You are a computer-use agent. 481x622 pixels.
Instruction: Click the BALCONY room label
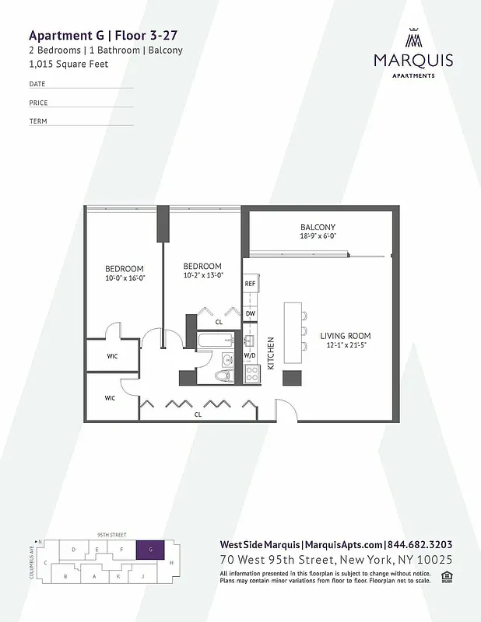point(317,228)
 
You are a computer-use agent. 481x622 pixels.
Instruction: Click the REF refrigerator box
point(250,285)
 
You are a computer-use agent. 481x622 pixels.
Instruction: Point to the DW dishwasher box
point(250,313)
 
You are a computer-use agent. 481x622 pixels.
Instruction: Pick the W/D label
point(250,355)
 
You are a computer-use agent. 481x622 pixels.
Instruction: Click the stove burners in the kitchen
point(251,374)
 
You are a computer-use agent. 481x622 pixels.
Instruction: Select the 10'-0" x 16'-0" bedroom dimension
point(125,278)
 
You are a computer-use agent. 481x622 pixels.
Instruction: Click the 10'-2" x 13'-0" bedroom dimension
point(202,274)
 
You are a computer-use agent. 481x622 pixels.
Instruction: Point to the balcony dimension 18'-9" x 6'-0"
point(317,236)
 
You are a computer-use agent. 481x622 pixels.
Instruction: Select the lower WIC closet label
point(111,398)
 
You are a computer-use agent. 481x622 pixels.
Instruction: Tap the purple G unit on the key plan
point(149,550)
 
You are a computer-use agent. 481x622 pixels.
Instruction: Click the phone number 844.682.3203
point(420,545)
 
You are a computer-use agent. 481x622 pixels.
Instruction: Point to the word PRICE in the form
point(38,103)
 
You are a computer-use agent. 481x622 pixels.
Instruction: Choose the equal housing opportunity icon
point(447,575)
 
